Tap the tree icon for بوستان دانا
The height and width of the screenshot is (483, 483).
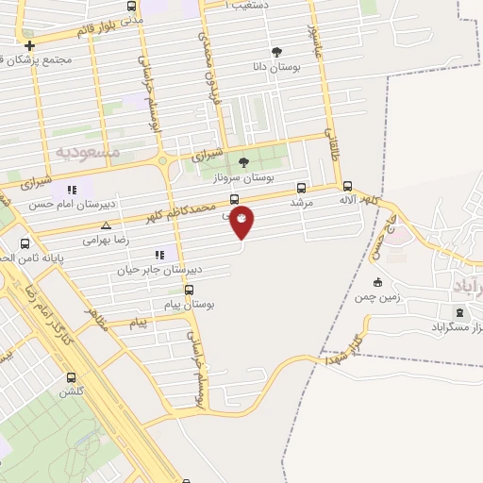coord(275,53)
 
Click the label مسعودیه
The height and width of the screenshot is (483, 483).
coord(87,151)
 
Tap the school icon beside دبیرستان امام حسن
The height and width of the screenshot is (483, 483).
coord(75,189)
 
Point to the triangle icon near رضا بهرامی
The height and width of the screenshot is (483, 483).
coord(106,225)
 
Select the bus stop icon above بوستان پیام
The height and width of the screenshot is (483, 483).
coord(190,290)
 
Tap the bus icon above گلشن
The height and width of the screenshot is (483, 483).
coord(70,375)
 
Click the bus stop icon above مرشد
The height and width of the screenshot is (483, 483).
coord(302,188)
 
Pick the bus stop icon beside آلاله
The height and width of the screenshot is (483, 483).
coord(348,187)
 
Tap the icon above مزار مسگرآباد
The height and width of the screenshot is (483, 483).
coord(459,313)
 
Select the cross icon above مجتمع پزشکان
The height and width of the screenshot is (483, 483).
coord(30,45)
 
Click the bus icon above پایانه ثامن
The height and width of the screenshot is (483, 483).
coord(25,242)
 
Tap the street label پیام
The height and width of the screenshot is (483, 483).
coord(139,324)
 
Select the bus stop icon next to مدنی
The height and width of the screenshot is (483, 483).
coord(132,6)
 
